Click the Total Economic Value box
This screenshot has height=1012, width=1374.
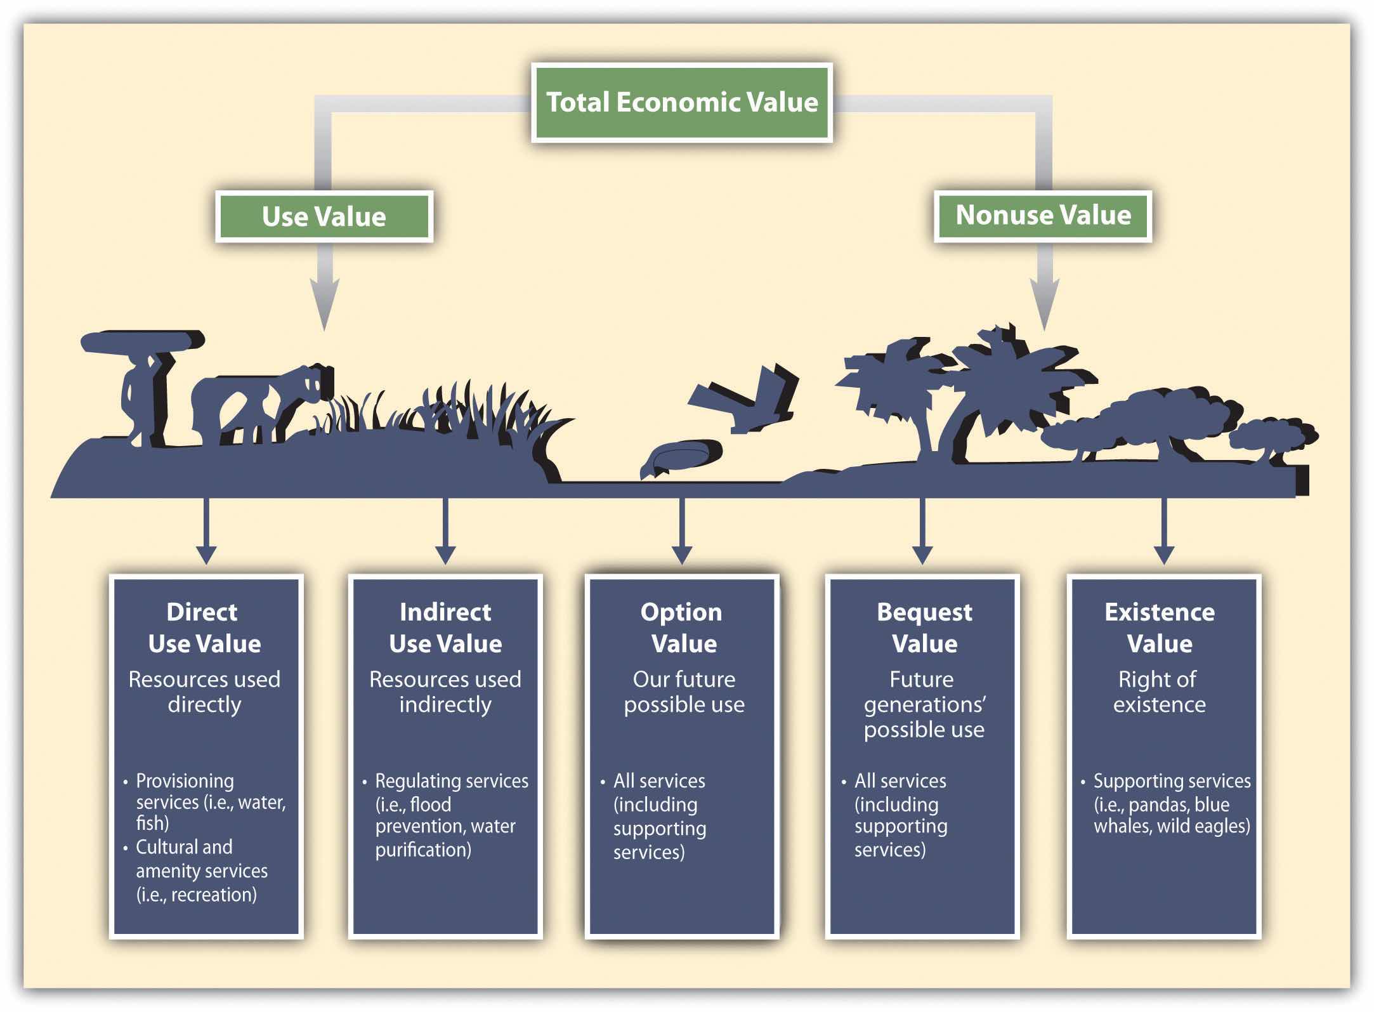682,102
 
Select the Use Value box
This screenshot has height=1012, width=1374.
324,216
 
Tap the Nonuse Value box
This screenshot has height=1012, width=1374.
1043,215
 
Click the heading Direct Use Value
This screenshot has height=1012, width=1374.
204,628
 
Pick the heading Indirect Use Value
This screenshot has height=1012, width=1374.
445,628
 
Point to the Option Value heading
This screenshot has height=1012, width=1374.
683,628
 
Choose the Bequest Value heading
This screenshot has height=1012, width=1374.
924,628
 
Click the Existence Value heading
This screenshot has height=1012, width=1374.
1160,628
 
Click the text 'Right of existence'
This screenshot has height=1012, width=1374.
1158,692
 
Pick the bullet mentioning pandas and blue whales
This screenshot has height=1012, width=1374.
1171,803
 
